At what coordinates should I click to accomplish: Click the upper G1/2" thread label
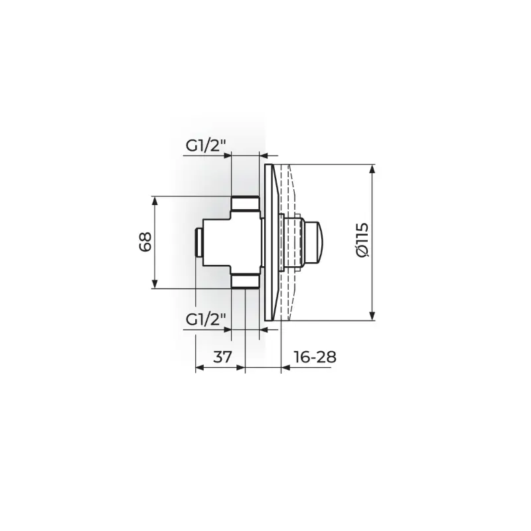pos(206,146)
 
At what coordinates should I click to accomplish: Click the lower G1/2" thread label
pos(206,319)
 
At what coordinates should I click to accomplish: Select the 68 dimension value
pos(145,242)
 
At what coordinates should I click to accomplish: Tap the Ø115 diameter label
pos(362,240)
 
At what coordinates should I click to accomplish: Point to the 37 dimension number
pos(222,356)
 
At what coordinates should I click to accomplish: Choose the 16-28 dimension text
pos(315,356)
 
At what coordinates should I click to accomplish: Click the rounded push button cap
pos(313,242)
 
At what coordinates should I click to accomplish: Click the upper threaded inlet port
pos(245,204)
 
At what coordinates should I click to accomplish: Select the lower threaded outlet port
pos(245,281)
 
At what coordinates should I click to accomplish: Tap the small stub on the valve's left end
pos(198,242)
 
